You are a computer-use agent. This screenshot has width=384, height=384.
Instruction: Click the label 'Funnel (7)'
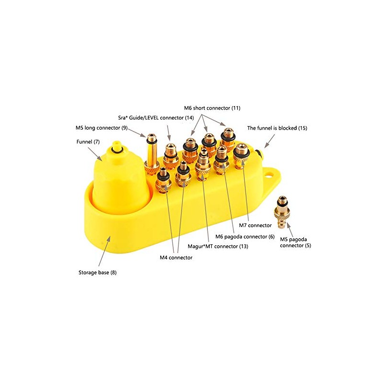click(88, 142)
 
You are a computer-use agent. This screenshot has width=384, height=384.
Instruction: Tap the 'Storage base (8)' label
click(97, 272)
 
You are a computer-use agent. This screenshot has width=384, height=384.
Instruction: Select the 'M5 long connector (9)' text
click(102, 128)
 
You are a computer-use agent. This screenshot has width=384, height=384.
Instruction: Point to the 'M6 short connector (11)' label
click(212, 108)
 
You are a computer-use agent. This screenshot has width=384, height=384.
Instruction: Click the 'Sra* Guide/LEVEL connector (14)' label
click(156, 118)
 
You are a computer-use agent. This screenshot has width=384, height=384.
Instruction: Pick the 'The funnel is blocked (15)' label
click(277, 128)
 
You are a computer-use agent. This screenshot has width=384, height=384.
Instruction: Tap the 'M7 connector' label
click(255, 225)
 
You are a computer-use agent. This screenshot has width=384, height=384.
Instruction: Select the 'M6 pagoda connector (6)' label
click(245, 237)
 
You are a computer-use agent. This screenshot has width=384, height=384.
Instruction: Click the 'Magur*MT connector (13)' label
click(218, 246)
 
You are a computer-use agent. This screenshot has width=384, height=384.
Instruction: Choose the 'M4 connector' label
click(176, 258)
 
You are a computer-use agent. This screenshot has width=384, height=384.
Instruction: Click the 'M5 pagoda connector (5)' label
click(295, 242)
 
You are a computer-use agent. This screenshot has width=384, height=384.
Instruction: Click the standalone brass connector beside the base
click(282, 212)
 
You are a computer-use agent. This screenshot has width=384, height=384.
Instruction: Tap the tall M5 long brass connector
click(151, 154)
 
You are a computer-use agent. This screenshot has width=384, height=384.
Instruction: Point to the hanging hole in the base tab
click(269, 175)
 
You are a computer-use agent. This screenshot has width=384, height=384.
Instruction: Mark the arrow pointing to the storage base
click(104, 251)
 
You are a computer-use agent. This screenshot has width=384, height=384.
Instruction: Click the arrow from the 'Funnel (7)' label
click(95, 154)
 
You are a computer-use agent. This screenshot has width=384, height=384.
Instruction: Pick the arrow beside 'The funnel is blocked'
click(270, 141)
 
